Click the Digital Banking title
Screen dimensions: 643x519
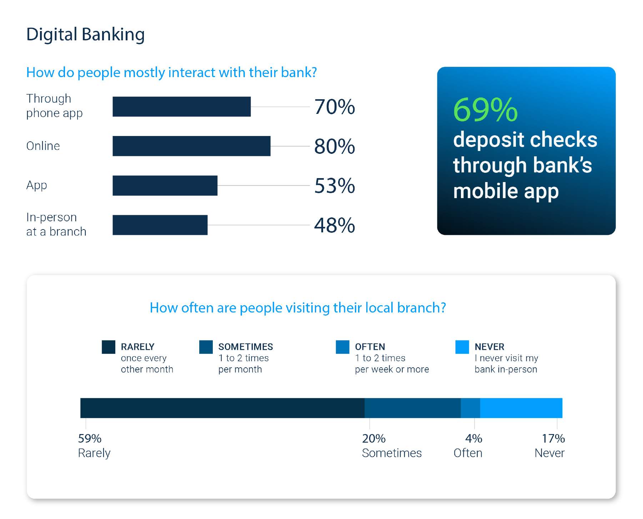tap(85, 35)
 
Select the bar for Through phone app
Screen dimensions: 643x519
tap(182, 106)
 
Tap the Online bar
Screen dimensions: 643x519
tap(191, 146)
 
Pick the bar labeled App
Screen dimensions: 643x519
tap(165, 186)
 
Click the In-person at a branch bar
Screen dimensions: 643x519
tap(160, 225)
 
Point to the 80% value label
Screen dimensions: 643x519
tap(335, 146)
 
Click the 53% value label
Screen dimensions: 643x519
tap(335, 186)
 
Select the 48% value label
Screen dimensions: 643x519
tap(335, 225)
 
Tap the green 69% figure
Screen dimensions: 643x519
tap(485, 110)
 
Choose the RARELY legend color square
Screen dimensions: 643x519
tap(109, 347)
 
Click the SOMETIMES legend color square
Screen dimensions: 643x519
tap(206, 347)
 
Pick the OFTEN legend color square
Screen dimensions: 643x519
tap(343, 347)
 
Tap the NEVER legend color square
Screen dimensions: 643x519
tap(462, 347)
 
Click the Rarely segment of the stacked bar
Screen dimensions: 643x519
tap(222, 408)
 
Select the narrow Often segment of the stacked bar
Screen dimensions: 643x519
tap(471, 408)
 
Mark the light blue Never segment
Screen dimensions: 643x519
tap(521, 408)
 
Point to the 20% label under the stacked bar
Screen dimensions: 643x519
tap(374, 438)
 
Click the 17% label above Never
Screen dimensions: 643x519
tap(553, 438)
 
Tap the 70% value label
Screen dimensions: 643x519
tap(335, 107)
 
